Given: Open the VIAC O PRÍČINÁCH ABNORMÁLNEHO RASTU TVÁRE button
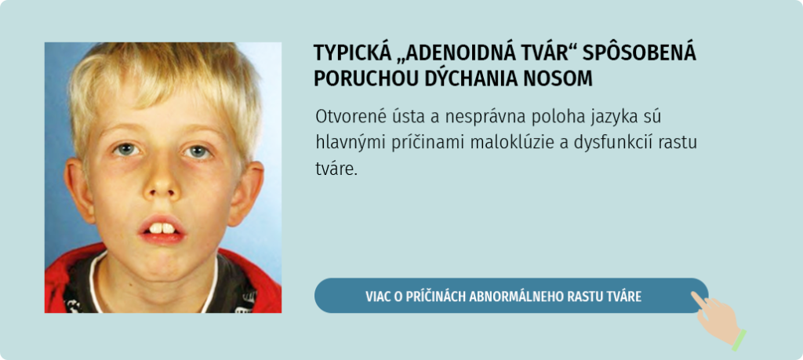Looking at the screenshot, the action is pos(511,296).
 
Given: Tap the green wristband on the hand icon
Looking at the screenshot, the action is pos(739,340).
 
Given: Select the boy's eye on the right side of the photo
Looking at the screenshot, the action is pos(198,151).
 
